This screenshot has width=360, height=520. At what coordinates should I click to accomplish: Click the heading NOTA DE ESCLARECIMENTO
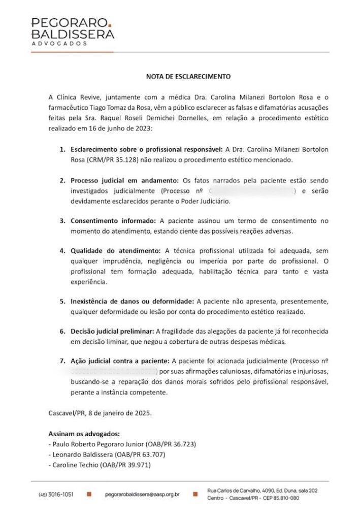pos(188,77)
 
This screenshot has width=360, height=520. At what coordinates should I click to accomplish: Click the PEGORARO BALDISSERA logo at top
pos(73,28)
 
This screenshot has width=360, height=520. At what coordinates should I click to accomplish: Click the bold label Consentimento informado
pos(114,221)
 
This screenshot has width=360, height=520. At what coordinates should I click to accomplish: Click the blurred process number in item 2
pos(252,191)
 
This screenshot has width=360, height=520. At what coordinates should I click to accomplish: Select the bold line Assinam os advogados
pos(84,434)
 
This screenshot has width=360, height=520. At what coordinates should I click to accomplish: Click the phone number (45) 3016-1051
pos(56,494)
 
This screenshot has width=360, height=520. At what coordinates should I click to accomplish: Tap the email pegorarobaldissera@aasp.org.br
pos(142,494)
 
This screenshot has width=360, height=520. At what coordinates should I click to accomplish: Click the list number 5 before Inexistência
pos(61,301)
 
